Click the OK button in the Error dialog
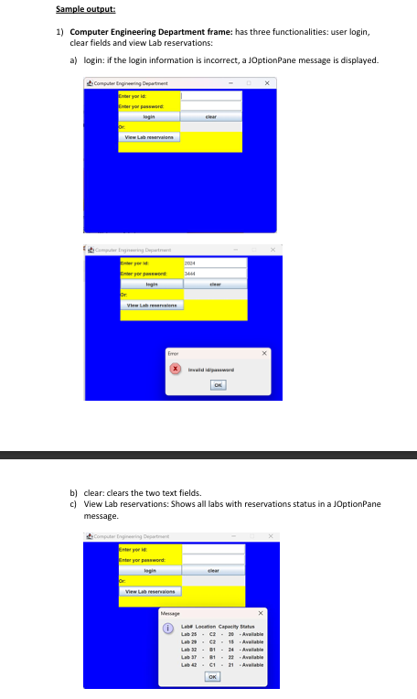218,385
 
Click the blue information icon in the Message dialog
167,629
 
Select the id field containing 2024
214,262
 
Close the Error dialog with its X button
265,352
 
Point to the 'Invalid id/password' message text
211,370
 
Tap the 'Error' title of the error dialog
172,352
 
